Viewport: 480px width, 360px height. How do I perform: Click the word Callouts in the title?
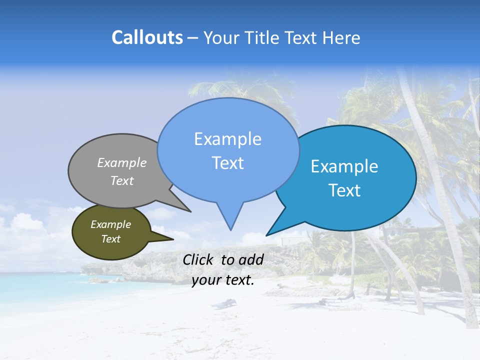pos(147,38)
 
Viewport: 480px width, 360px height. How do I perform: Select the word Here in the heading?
pos(341,38)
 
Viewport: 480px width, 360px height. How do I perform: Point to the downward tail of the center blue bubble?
pos(230,217)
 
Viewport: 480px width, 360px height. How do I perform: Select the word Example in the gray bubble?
pos(122,163)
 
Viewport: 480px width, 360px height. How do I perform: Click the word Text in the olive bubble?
pos(111,239)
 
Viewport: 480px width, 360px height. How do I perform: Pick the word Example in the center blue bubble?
pos(227,139)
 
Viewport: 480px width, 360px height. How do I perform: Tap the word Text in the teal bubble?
pos(345,190)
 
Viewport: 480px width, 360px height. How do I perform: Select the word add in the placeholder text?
pos(251,259)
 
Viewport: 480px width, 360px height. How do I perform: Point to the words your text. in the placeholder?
pos(223,280)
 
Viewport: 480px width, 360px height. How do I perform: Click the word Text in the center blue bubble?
pos(227,163)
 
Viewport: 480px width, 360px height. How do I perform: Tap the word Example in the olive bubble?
pos(111,224)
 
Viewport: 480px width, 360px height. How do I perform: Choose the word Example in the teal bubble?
pos(344,166)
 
